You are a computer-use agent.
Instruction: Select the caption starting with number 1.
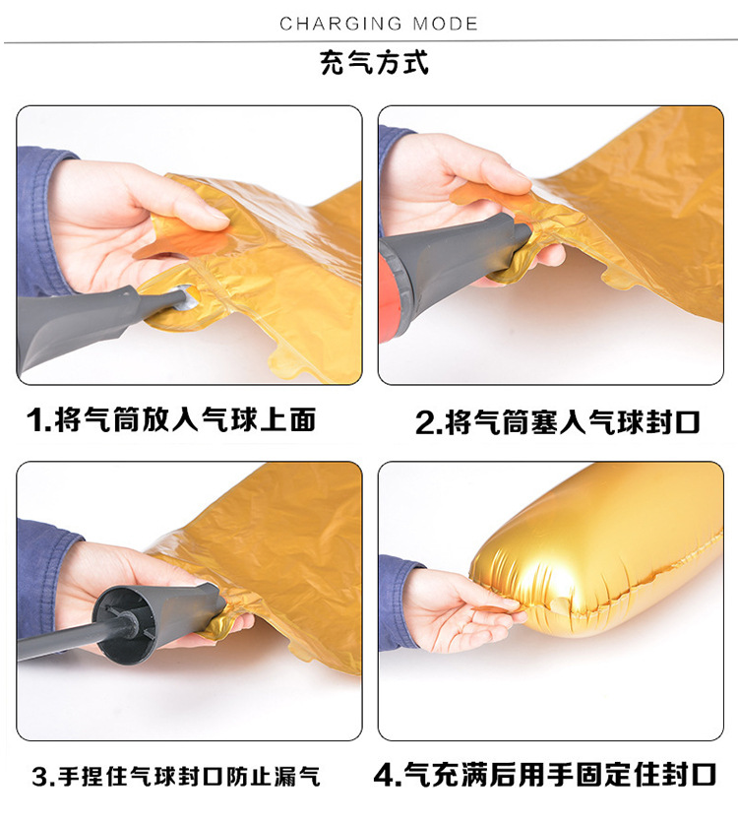pyautogui.click(x=172, y=420)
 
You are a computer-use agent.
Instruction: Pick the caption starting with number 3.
pyautogui.click(x=176, y=777)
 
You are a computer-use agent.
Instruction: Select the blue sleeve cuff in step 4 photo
pyautogui.click(x=399, y=601)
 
